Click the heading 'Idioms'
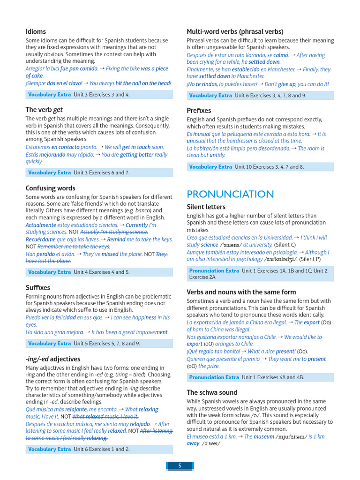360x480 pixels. [x=36, y=32]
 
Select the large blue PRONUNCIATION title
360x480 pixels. [x=230, y=194]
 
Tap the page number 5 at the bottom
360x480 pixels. [x=180, y=465]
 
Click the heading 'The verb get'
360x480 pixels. [x=44, y=110]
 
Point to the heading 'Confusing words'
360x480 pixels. [x=50, y=188]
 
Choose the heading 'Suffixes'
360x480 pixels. [x=37, y=288]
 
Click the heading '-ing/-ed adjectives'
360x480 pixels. [x=52, y=360]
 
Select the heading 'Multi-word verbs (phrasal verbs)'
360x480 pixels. [x=235, y=32]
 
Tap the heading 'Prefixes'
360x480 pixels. [x=199, y=111]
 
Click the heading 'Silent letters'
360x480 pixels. [x=206, y=207]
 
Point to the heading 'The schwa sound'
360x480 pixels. [x=212, y=392]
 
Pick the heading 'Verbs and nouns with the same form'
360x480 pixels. [x=241, y=292]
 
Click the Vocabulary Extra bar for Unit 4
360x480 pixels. [x=99, y=272]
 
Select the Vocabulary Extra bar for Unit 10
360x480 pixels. [x=260, y=166]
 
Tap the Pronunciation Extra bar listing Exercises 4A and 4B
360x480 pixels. [x=260, y=377]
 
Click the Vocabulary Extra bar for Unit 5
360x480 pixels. [x=99, y=343]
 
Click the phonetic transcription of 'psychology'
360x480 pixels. [x=280, y=259]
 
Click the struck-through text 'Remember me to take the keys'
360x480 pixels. [x=74, y=246]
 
